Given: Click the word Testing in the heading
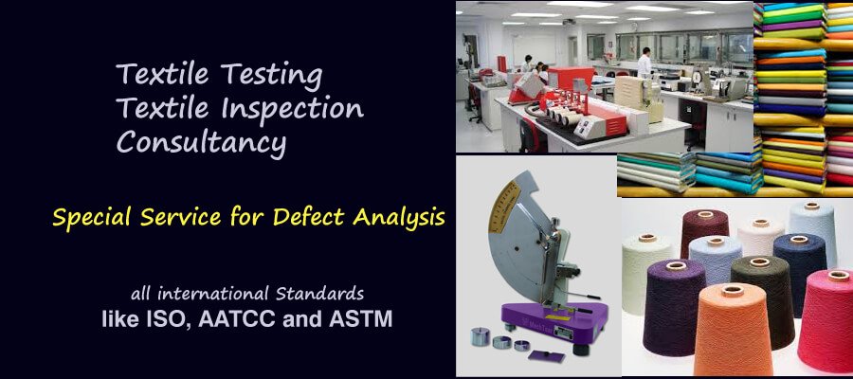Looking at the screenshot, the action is (271, 76).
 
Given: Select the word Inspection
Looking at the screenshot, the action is (292, 107).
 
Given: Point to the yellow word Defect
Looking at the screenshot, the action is (308, 217).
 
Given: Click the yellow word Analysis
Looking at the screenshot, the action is (398, 218).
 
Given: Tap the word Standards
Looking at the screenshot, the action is (319, 294).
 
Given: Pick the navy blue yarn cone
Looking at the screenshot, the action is (800, 272).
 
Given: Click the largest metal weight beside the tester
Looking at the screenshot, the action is (480, 336).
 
